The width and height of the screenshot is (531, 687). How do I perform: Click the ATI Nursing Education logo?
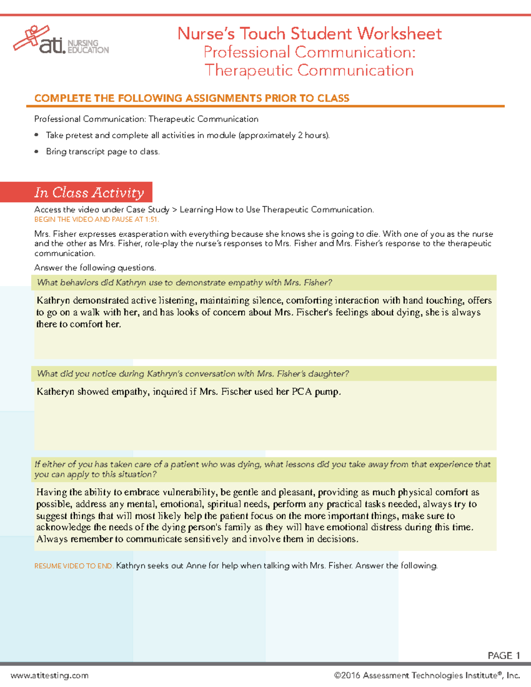tap(61, 41)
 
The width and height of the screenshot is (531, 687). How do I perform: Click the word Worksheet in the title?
tap(399, 34)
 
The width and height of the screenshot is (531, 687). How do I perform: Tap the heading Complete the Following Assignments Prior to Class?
tap(192, 98)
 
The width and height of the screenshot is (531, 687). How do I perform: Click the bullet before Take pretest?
tap(37, 135)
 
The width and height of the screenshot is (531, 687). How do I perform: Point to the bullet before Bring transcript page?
tap(37, 151)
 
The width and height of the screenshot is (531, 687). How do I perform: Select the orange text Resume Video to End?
tap(74, 566)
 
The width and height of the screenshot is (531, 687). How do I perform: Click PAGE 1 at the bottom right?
tap(504, 656)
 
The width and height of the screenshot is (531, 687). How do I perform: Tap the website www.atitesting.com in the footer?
tap(50, 675)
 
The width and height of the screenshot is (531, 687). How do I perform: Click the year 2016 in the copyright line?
tap(350, 675)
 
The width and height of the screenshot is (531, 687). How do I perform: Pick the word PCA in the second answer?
tap(302, 391)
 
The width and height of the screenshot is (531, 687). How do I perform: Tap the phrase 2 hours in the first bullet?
tap(313, 135)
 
